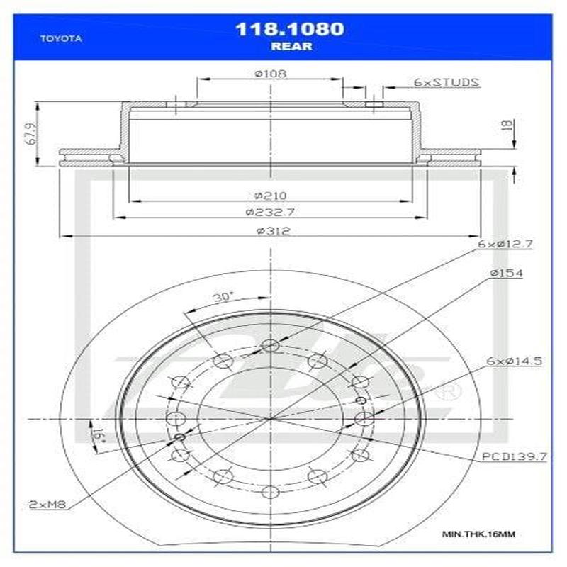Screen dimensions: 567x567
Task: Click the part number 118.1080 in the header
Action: point(289,29)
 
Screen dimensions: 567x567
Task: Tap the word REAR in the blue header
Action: point(289,47)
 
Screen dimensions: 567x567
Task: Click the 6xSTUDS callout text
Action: point(447,82)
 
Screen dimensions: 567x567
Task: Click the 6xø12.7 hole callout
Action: point(505,244)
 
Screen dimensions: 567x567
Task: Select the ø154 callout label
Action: point(505,274)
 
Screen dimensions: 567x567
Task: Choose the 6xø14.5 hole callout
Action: point(514,361)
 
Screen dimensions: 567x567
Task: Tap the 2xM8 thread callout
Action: point(46,504)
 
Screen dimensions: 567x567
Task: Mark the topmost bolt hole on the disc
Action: point(269,345)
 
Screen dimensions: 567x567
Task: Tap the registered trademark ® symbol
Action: point(449,392)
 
